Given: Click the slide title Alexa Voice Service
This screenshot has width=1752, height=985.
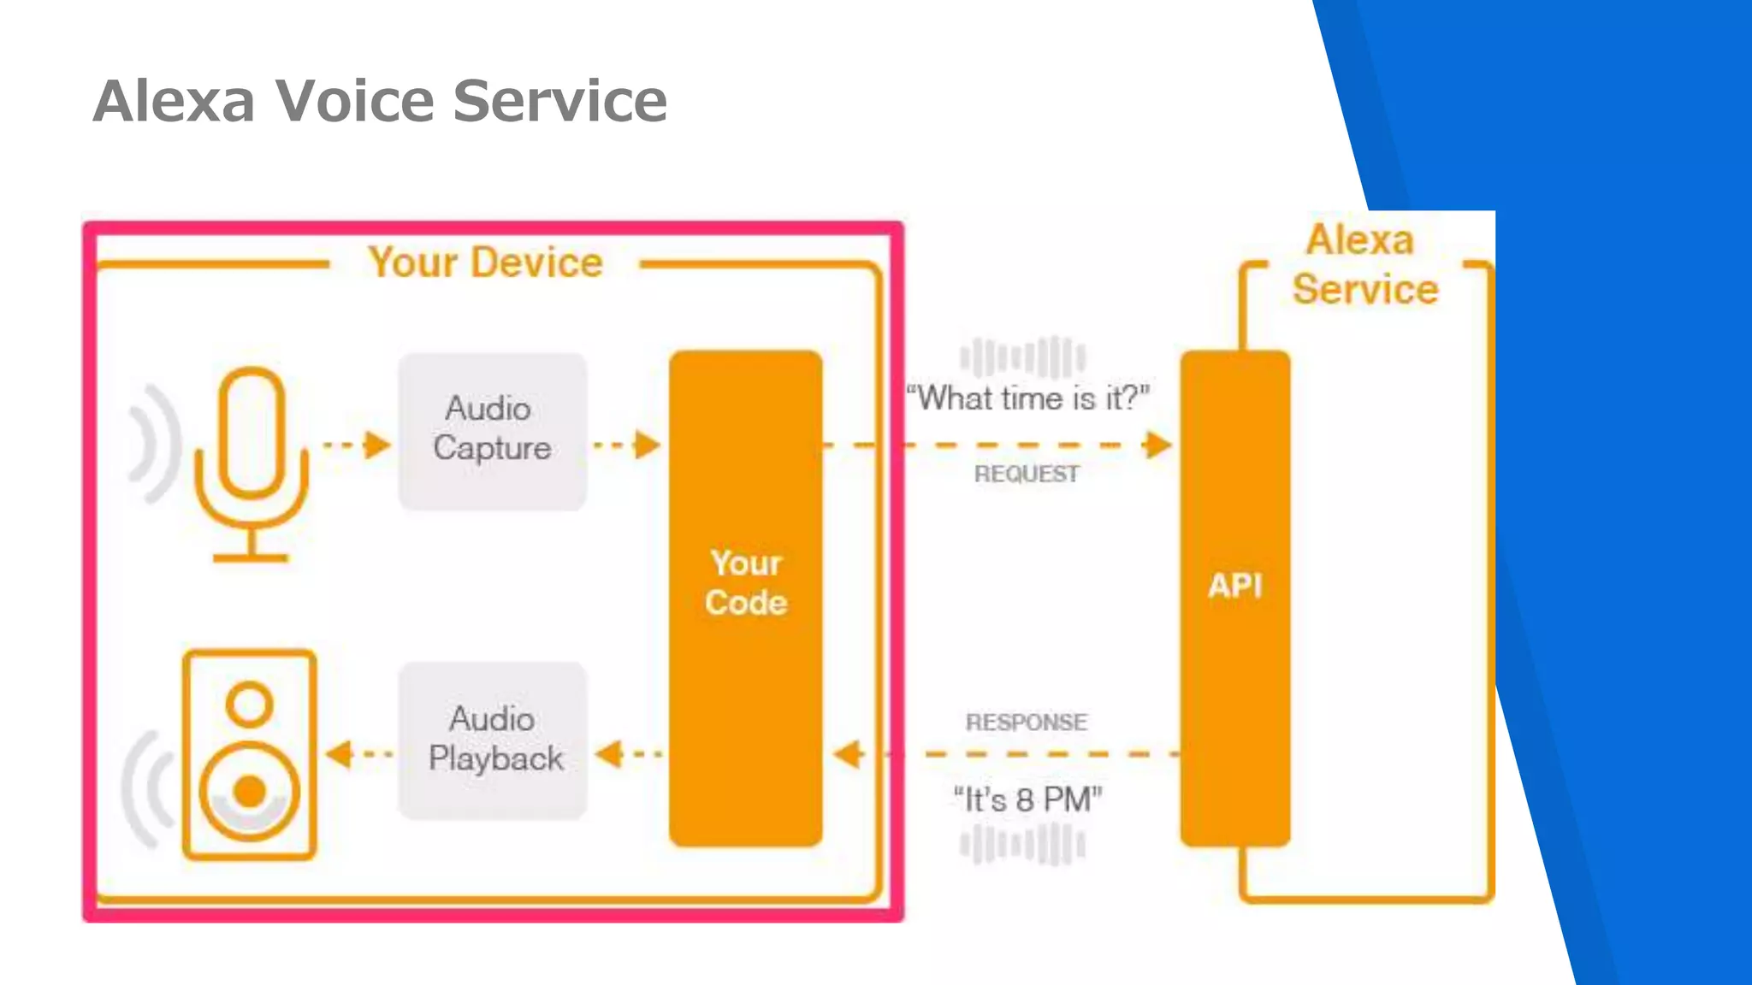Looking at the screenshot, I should click(x=379, y=101).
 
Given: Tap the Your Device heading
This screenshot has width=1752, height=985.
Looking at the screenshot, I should click(x=485, y=262).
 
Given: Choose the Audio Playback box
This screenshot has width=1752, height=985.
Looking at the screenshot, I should click(x=493, y=740).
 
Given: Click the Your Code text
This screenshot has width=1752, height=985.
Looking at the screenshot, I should click(x=746, y=583).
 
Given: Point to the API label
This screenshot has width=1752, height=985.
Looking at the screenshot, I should click(x=1234, y=586).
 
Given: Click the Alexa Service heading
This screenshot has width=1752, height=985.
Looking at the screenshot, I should click(x=1364, y=265).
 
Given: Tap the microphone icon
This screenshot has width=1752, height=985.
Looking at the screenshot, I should click(x=251, y=462).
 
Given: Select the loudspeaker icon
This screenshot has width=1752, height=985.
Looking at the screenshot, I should click(x=249, y=754).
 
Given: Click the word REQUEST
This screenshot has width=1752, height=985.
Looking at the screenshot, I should click(x=1027, y=474).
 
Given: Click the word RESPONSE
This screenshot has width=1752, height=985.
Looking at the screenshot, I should click(x=1027, y=723).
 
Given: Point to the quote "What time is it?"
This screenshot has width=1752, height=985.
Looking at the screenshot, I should click(x=1027, y=398).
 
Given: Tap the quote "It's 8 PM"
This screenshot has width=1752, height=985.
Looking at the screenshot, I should click(x=1027, y=800).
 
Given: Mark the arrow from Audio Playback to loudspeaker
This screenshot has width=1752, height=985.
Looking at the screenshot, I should click(x=359, y=754).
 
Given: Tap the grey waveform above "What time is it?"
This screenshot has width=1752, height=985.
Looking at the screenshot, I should click(x=1022, y=357).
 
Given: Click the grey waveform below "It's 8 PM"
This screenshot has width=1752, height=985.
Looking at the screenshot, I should click(x=1022, y=845).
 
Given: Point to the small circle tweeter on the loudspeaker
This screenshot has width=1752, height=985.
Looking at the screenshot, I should click(x=249, y=705).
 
